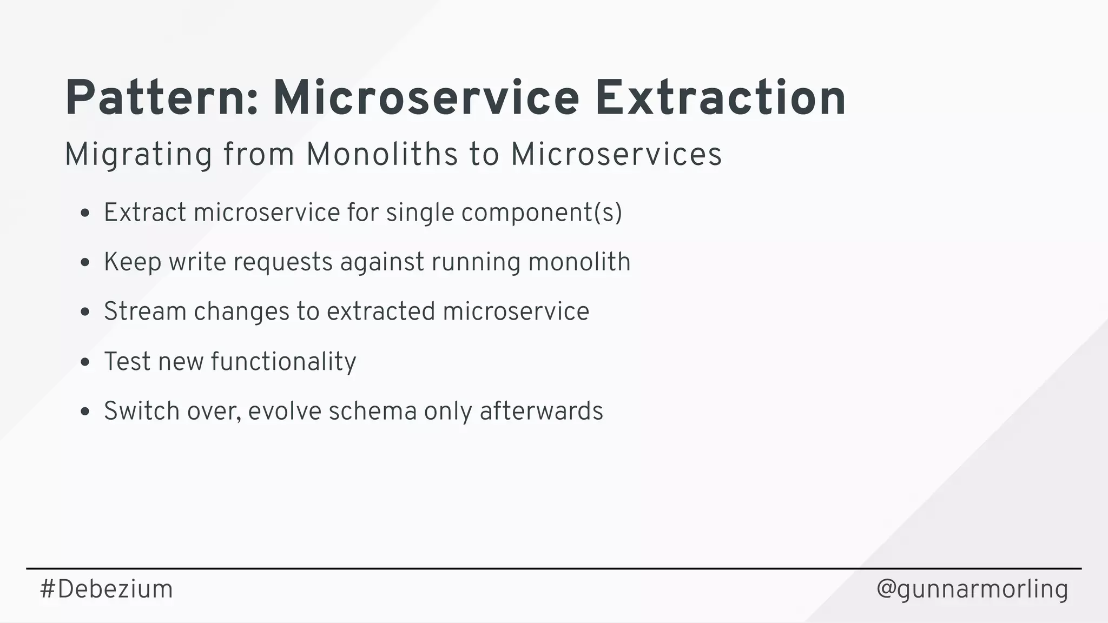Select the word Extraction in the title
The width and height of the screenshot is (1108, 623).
click(720, 98)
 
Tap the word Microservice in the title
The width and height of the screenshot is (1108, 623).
click(426, 98)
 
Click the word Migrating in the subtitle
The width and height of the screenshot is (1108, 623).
click(138, 155)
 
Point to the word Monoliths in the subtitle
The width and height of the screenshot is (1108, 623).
click(382, 154)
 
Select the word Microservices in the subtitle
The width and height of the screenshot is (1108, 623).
click(616, 154)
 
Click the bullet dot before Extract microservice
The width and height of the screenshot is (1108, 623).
click(84, 213)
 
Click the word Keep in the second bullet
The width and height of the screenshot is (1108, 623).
click(133, 262)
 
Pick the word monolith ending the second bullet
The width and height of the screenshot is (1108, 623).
click(579, 262)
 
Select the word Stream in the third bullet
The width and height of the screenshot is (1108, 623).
click(145, 311)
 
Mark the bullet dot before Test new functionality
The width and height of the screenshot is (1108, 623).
click(84, 362)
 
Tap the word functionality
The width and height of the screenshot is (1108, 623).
click(283, 361)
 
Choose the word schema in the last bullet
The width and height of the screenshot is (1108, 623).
click(373, 411)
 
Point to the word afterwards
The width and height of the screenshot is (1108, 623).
click(541, 411)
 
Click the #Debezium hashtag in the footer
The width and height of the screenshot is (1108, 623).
click(106, 589)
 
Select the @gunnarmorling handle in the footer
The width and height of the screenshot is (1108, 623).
click(972, 589)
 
